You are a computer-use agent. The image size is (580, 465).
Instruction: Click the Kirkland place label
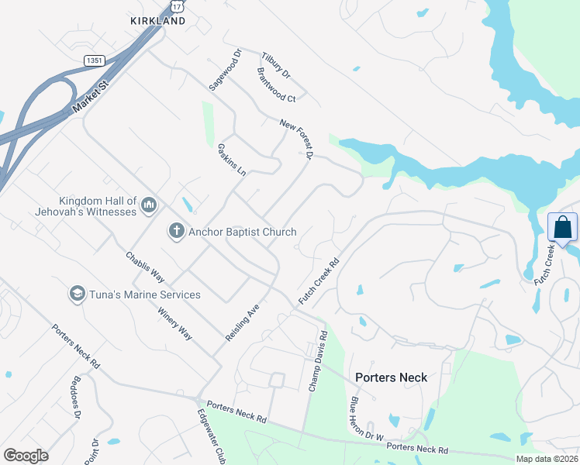click(158, 21)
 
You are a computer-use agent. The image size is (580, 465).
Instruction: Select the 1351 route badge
click(94, 60)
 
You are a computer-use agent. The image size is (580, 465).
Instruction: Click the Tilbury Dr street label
click(275, 66)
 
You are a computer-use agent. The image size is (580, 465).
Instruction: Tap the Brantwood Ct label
click(276, 85)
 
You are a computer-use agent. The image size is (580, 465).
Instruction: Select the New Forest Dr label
click(296, 140)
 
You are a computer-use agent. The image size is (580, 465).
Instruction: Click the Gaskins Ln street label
click(231, 159)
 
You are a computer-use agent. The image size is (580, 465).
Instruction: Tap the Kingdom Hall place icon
click(150, 205)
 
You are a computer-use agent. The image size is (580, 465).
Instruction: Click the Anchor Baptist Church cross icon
click(176, 231)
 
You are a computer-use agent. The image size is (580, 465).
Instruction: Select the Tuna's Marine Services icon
click(77, 294)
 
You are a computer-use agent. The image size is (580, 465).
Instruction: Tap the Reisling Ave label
click(242, 323)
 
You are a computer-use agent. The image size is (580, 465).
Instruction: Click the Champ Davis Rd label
click(319, 360)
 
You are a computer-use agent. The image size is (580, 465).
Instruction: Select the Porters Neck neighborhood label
click(391, 377)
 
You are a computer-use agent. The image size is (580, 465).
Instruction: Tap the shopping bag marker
click(562, 228)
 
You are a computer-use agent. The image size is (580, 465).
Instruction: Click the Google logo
click(26, 456)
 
